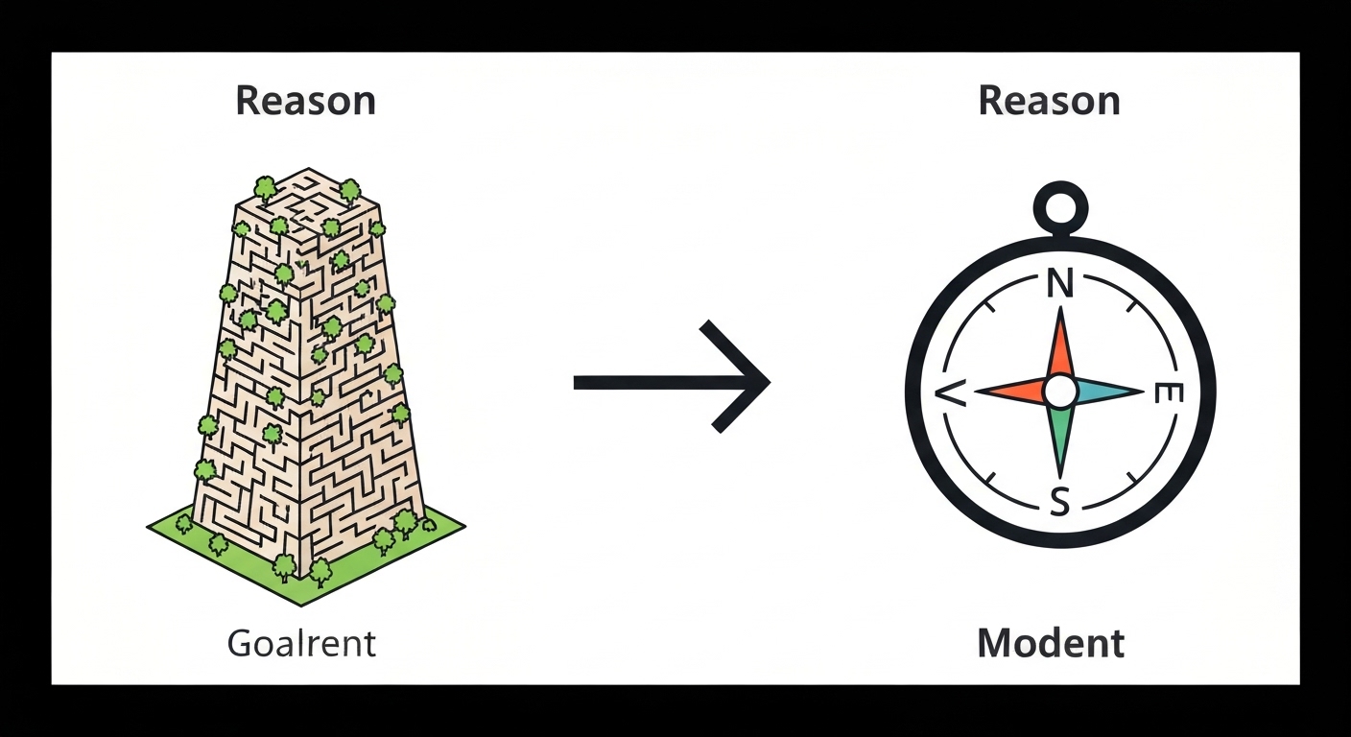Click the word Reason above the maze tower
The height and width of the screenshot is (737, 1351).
305,101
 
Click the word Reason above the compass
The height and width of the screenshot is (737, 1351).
1049,101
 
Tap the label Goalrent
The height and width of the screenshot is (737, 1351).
301,643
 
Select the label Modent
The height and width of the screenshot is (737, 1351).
1051,643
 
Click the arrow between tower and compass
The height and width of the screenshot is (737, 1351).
671,383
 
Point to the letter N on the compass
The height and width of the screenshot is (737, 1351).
1058,285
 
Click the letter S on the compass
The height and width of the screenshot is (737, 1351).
1059,501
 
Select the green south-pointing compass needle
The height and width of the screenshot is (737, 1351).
1060,437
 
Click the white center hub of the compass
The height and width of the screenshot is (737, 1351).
1060,391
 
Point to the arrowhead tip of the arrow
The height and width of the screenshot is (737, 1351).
768,383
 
